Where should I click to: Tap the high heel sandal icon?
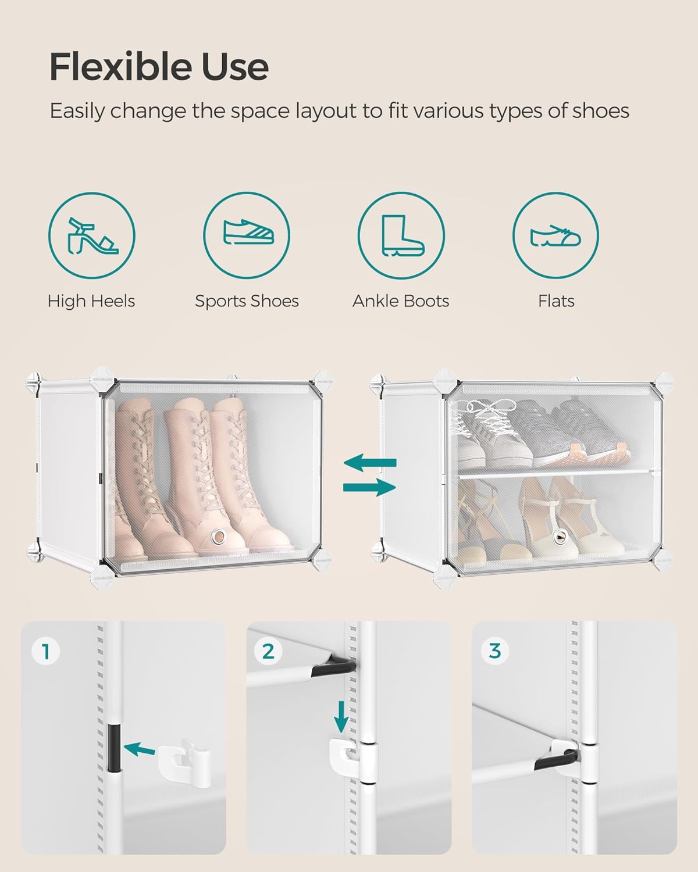point(92,235)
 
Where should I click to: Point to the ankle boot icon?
point(401,235)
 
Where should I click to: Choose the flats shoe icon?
point(555,235)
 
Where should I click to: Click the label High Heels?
point(91,301)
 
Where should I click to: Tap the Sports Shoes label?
point(247,301)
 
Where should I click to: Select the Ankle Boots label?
point(401,301)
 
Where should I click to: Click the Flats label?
point(556,301)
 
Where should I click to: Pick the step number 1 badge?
point(46,651)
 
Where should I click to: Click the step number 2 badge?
point(268,651)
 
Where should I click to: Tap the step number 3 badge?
point(494,651)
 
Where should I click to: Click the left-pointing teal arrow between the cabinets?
point(370,463)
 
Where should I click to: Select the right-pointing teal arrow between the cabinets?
point(370,487)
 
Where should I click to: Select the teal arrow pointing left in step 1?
point(140,749)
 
